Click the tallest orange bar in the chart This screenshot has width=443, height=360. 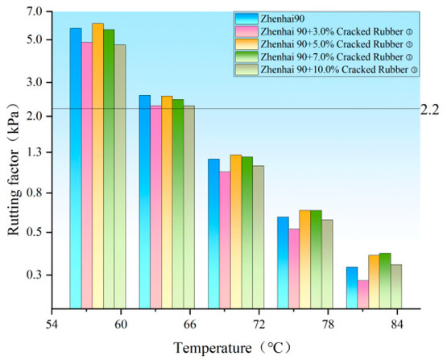click(97, 166)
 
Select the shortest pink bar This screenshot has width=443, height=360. click(363, 295)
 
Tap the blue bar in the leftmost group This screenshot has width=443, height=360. click(76, 168)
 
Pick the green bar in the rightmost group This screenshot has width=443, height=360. click(385, 280)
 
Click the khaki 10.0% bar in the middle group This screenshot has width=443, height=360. click(259, 237)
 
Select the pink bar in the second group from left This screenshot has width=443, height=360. click(156, 207)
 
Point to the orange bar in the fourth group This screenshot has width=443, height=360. click(304, 259)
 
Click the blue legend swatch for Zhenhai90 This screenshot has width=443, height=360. click(246, 19)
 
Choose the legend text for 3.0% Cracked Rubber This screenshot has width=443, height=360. click(336, 31)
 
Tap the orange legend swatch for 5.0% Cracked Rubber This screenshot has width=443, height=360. click(246, 44)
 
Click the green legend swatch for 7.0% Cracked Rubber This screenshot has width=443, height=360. click(246, 57)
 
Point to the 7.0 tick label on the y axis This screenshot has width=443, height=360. click(35, 11)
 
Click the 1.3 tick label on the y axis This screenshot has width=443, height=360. click(35, 152)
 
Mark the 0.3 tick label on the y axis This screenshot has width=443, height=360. click(35, 275)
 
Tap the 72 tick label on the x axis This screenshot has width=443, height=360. click(259, 325)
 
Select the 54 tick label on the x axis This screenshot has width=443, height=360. click(52, 325)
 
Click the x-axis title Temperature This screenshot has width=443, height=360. click(212, 348)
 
